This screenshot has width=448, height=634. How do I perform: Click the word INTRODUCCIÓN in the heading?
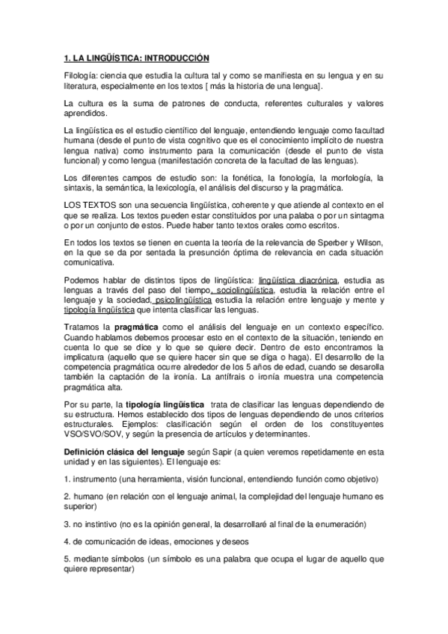pyautogui.click(x=174, y=58)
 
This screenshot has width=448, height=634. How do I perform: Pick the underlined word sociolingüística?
pyautogui.click(x=243, y=290)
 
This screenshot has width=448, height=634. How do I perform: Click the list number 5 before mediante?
pyautogui.click(x=66, y=559)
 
